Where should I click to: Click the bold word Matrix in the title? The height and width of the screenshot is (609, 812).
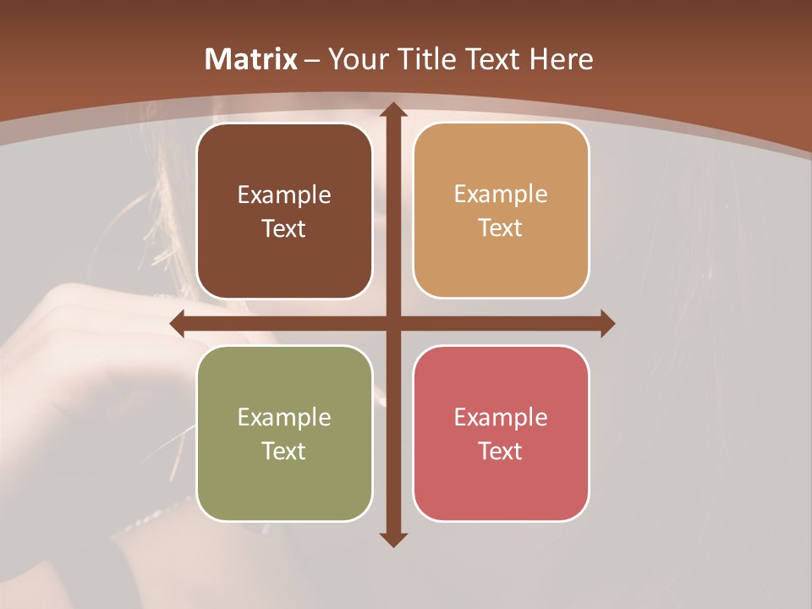point(251,59)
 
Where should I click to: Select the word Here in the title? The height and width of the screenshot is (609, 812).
point(562,59)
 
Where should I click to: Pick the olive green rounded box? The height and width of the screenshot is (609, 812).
point(284,482)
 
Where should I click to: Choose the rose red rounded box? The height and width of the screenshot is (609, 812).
point(501,482)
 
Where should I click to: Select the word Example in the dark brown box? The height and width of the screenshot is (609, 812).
point(284,195)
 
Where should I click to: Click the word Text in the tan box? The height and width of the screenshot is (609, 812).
point(501,228)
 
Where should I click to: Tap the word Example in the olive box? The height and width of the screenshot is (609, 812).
point(284,417)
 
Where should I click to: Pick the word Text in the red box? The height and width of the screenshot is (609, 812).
point(501,451)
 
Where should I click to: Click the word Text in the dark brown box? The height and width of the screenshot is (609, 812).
point(284,229)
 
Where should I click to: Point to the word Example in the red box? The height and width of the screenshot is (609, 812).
point(501,417)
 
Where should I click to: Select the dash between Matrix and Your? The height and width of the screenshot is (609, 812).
point(312,60)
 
